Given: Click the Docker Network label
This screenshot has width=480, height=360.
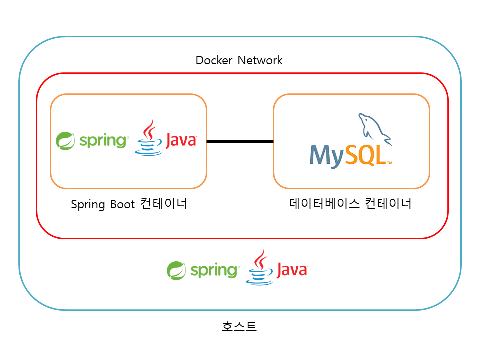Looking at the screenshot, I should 239,61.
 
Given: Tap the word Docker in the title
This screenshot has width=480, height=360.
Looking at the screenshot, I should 214,61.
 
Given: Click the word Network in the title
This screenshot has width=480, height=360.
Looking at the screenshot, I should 260,61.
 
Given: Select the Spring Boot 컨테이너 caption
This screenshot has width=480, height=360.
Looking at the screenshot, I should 129,204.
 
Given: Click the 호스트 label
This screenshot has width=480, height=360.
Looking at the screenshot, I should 239,327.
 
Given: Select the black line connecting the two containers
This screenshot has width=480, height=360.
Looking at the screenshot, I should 240,142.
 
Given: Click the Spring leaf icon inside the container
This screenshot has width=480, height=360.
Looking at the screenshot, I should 65,141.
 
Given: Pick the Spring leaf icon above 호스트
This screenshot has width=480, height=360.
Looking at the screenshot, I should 176,271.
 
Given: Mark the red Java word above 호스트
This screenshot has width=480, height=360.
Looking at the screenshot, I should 292,271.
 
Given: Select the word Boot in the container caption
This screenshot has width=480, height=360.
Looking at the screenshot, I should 123,205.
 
